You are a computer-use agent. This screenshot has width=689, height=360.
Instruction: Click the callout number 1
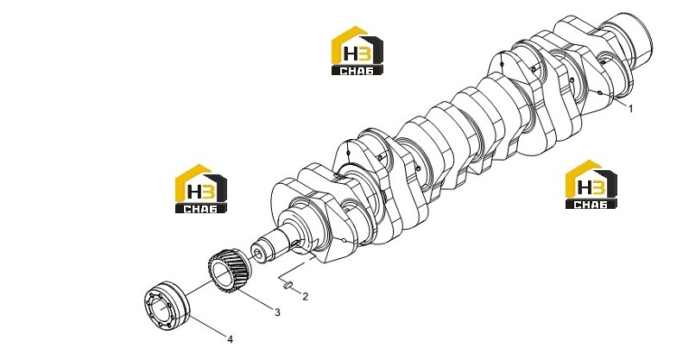tap(631, 109)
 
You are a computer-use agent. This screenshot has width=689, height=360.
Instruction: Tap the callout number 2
tap(306, 297)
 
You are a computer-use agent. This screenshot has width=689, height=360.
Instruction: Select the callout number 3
tap(277, 313)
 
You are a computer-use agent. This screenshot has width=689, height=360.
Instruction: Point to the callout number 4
tap(230, 339)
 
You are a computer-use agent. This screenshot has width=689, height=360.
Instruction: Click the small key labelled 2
tap(288, 286)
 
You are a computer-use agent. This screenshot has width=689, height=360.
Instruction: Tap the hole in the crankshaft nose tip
tap(257, 253)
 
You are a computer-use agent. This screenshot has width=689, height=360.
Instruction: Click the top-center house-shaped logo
tap(357, 51)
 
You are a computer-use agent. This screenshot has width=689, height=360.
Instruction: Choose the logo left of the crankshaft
tap(201, 189)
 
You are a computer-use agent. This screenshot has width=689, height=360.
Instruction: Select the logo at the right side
tap(591, 184)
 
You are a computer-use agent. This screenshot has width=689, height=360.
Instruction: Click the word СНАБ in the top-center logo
tap(357, 70)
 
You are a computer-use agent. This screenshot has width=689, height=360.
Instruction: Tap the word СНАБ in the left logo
tap(201, 208)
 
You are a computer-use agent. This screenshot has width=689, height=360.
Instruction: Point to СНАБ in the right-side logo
tap(591, 204)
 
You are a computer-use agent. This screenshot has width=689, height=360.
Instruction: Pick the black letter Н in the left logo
tap(194, 193)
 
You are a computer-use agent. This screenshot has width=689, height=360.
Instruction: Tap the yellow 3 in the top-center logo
tap(364, 54)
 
